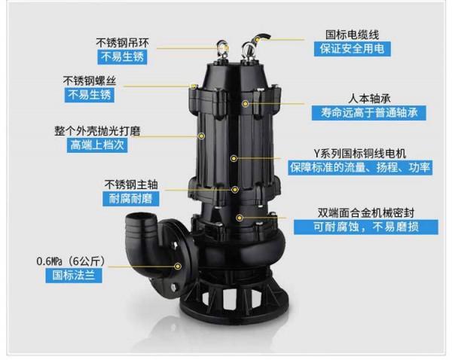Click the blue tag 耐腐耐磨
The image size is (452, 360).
click(124, 199)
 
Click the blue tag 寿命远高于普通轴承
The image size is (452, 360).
click(371, 113)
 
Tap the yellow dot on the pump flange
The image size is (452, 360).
click(178, 265)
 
